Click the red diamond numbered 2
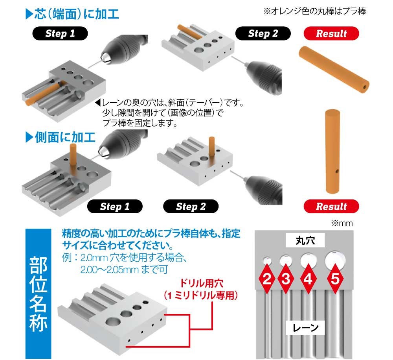tap(267, 279)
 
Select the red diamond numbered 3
tap(286, 279)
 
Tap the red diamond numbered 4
tap(308, 279)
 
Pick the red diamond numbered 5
tap(335, 279)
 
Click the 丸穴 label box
tap(305, 240)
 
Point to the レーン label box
tap(305, 327)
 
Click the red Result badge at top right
tap(331, 33)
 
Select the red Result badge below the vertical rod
tap(331, 207)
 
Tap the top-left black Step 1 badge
tap(60, 33)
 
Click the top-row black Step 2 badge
tap(263, 33)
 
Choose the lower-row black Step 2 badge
tap(191, 207)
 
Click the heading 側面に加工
tap(61, 137)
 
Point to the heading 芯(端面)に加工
tap(72, 14)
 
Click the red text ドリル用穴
tap(201, 283)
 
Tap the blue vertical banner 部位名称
tap(39, 294)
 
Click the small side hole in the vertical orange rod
tap(337, 172)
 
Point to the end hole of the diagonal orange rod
tap(365, 87)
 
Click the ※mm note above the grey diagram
tap(342, 223)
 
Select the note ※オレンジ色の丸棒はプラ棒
tap(314, 11)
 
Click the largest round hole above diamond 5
tap(335, 260)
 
